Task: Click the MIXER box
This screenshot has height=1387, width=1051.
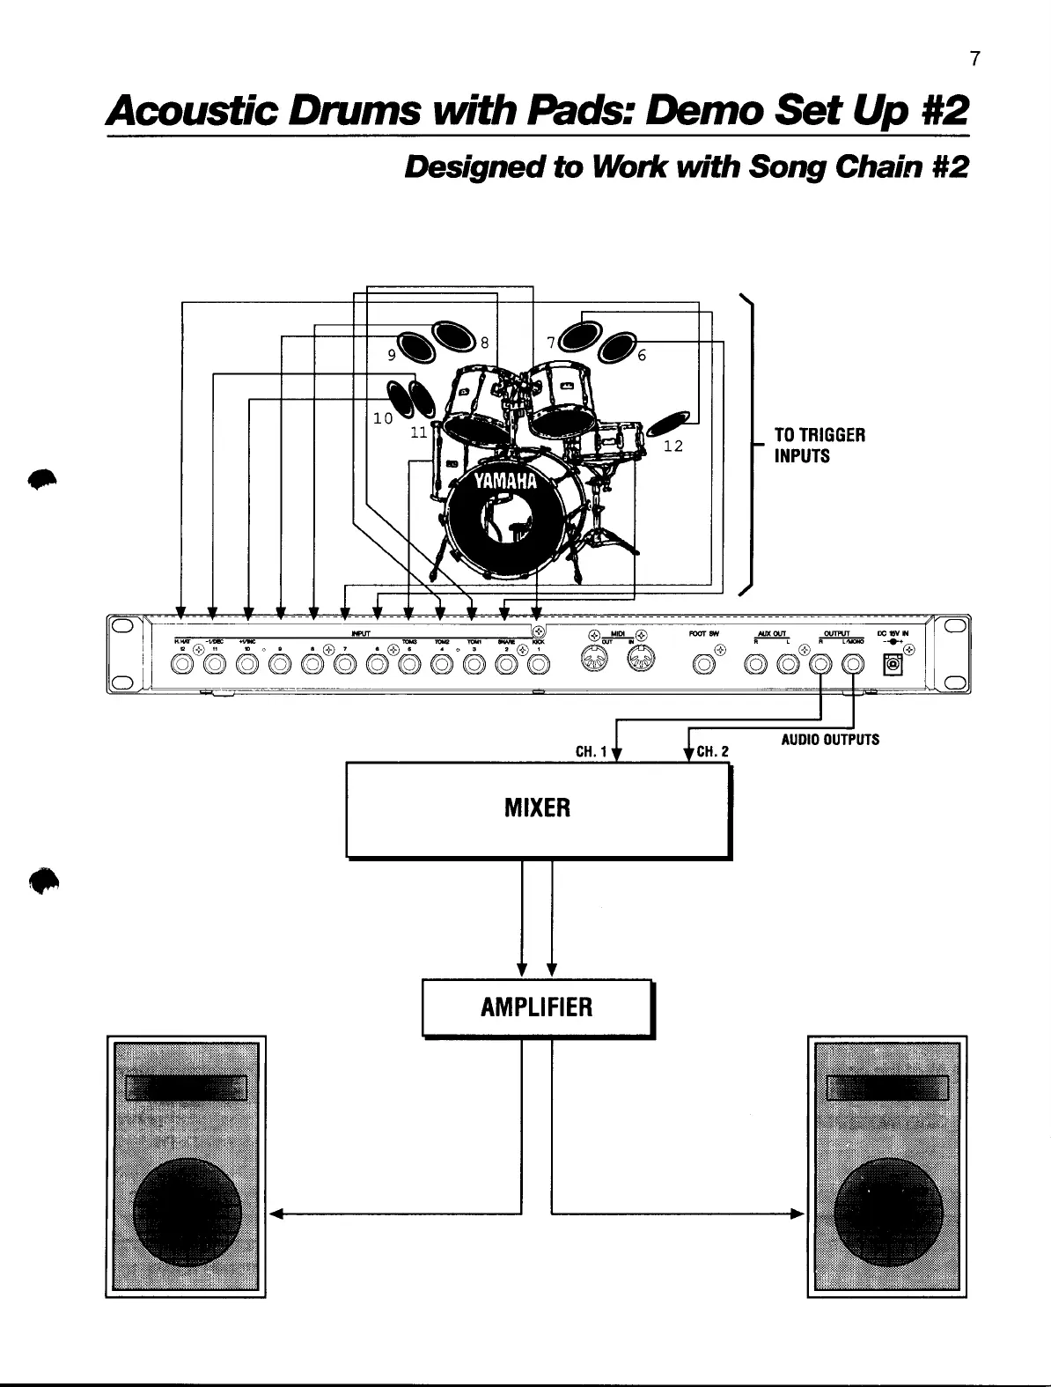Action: point(538,808)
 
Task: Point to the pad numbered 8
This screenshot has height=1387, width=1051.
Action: point(452,335)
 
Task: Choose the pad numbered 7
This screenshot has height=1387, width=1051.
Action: point(577,334)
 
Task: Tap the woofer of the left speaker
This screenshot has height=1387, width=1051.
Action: point(186,1216)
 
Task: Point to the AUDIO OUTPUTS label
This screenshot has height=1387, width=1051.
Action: point(829,740)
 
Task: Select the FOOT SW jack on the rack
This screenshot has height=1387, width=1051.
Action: point(703,666)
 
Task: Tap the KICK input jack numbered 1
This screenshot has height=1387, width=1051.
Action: point(538,666)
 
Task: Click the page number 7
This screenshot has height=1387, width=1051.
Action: point(974,59)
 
